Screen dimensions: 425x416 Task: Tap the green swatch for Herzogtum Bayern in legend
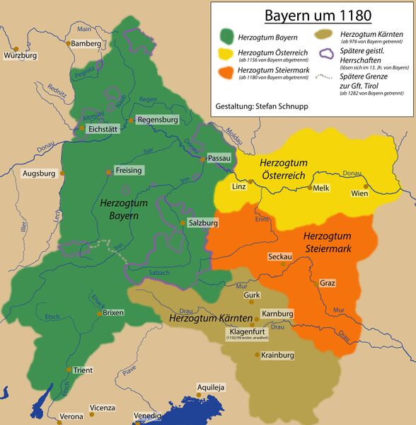pos(228,35)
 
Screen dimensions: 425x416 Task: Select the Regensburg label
pos(157,120)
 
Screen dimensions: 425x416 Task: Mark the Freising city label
pos(128,171)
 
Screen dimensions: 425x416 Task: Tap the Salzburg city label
pos(202,222)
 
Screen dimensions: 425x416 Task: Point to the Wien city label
pos(359,193)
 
